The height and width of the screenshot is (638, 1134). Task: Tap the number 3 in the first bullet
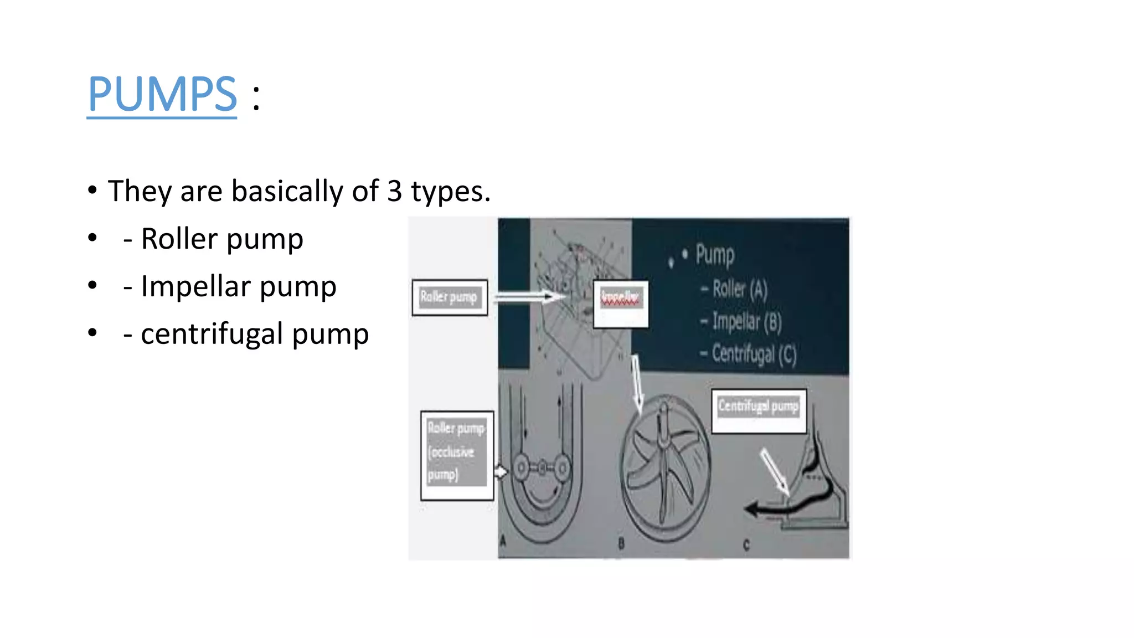(x=394, y=192)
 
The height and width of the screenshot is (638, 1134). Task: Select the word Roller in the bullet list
(x=179, y=239)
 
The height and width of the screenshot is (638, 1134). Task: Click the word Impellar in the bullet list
(x=196, y=287)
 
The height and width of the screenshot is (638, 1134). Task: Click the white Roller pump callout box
(x=450, y=297)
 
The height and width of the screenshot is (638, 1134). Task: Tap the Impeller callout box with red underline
(x=621, y=303)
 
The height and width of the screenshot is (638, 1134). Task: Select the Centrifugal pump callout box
(x=759, y=411)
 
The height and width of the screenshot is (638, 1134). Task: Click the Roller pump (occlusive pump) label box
(x=457, y=455)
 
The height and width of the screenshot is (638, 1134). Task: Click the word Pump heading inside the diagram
(x=715, y=255)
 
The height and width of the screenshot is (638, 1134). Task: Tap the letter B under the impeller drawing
(x=621, y=544)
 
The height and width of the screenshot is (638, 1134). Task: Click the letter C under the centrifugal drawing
(x=746, y=545)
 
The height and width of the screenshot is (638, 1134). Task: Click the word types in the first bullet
(x=450, y=192)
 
